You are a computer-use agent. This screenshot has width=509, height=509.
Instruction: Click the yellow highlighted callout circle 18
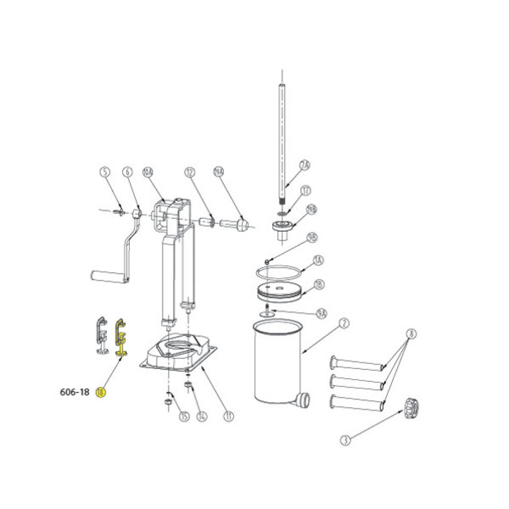point(101,392)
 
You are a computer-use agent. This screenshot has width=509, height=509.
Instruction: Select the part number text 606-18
point(74,392)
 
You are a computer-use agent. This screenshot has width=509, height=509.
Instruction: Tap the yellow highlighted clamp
point(121,336)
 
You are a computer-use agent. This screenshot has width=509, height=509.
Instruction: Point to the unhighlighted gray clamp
point(102,336)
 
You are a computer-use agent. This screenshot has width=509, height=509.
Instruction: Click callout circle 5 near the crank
point(104,172)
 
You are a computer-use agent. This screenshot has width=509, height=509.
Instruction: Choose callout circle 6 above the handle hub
point(127,172)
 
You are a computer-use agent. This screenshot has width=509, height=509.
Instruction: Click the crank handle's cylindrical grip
point(107,277)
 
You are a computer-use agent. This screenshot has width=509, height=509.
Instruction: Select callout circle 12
point(189,172)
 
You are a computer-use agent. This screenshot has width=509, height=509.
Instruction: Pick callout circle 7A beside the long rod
point(304,165)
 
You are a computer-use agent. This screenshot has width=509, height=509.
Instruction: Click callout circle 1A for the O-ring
point(318,260)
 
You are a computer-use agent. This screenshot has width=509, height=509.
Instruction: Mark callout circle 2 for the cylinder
point(344,323)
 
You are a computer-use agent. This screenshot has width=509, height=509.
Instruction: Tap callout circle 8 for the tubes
point(411,334)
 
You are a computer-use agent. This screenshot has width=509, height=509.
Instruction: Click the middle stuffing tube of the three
point(356,382)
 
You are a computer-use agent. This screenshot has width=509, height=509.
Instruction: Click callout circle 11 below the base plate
point(229,416)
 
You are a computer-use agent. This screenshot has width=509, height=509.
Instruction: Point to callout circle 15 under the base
point(184,416)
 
